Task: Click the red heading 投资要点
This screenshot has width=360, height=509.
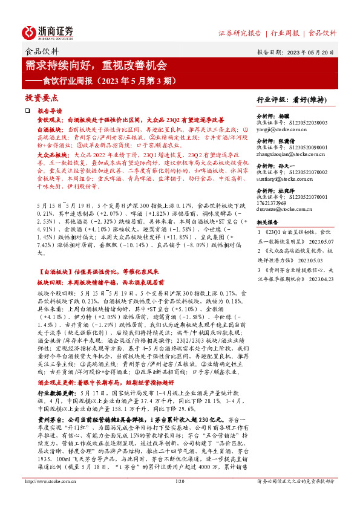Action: tap(41, 97)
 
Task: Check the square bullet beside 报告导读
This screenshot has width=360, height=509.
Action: tap(27, 112)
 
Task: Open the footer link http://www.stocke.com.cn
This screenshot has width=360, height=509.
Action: tap(50, 499)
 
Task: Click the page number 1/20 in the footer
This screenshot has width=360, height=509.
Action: tap(179, 499)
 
